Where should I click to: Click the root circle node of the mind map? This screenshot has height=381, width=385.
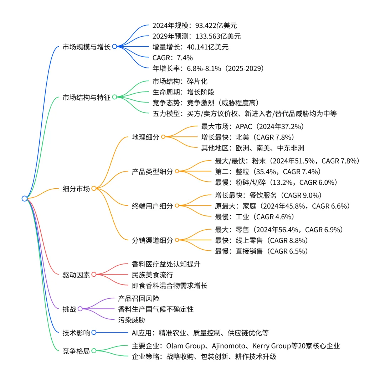pyautogui.click(x=24, y=198)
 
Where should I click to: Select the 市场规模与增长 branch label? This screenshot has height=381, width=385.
pyautogui.click(x=86, y=47)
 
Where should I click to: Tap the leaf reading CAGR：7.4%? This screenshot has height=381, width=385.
pyautogui.click(x=173, y=57)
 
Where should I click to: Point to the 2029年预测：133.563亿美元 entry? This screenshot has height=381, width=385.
pyautogui.click(x=196, y=36)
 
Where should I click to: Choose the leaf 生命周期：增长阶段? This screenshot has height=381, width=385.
pyautogui.click(x=183, y=92)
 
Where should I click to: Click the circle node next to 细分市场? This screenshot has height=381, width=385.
pyautogui.click(x=94, y=189)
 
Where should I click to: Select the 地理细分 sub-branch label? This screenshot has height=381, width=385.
pyautogui.click(x=145, y=137)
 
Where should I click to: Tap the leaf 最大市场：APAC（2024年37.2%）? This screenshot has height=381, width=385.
pyautogui.click(x=253, y=126)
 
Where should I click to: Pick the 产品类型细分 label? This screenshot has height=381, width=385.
pyautogui.click(x=152, y=172)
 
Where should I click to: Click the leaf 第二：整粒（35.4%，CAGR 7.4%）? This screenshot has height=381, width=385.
pyautogui.click(x=268, y=172)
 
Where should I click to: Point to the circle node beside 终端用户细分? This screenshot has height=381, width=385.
pyautogui.click(x=177, y=206)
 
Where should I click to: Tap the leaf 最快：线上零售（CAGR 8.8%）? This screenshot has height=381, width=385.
pyautogui.click(x=261, y=240)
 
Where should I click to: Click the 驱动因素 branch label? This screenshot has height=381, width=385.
pyautogui.click(x=76, y=275)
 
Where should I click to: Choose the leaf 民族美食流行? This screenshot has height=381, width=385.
pyautogui.click(x=153, y=275)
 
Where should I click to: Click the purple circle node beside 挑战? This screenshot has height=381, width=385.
pyautogui.click(x=80, y=309)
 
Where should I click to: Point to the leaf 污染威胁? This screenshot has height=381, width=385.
pyautogui.click(x=132, y=320)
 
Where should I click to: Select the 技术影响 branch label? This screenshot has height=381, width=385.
pyautogui.click(x=76, y=333)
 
